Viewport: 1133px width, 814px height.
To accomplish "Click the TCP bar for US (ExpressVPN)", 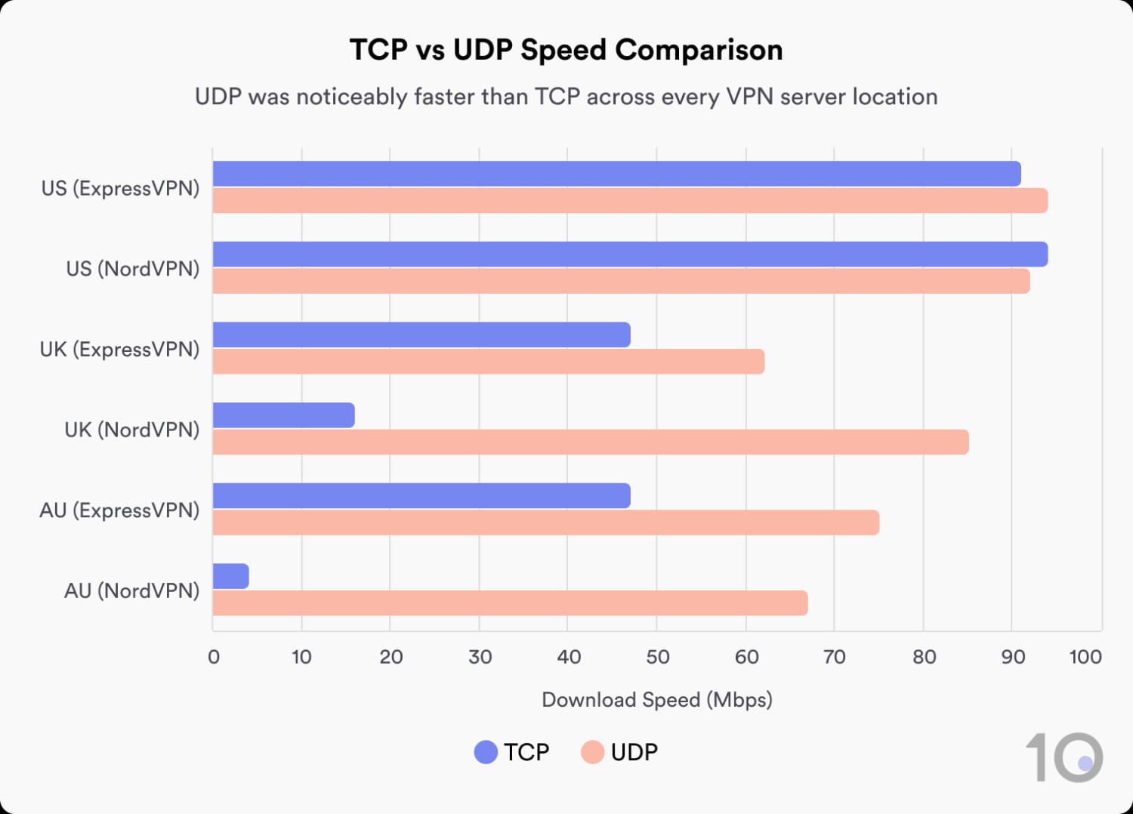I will (616, 174).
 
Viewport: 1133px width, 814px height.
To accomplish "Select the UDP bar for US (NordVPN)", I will (621, 281).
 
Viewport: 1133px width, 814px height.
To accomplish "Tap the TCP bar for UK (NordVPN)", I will (283, 415).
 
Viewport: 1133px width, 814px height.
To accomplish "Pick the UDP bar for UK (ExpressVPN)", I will (488, 362).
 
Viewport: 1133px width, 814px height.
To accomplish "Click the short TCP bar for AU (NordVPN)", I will (230, 576).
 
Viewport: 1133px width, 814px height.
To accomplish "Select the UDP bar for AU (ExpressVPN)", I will (545, 523).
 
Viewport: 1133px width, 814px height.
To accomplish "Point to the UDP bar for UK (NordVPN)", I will (590, 442).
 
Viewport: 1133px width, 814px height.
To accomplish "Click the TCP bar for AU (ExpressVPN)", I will (421, 495).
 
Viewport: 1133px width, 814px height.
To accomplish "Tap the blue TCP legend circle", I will (486, 752).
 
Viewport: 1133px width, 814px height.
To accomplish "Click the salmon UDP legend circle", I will (592, 752).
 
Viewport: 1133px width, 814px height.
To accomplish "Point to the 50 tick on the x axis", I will (657, 657).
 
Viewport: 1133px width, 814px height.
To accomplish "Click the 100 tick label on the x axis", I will (1085, 657).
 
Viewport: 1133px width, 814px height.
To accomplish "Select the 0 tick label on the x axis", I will (214, 657).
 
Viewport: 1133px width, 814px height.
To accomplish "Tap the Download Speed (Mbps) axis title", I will (656, 700).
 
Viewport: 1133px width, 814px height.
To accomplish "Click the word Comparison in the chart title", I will (699, 50).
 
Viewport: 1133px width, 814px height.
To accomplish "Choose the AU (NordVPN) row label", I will (131, 590).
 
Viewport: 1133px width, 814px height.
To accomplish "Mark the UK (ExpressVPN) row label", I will (119, 349).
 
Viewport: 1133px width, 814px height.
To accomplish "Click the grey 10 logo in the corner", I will (1064, 757).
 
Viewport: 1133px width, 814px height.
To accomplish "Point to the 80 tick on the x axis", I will (924, 657).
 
